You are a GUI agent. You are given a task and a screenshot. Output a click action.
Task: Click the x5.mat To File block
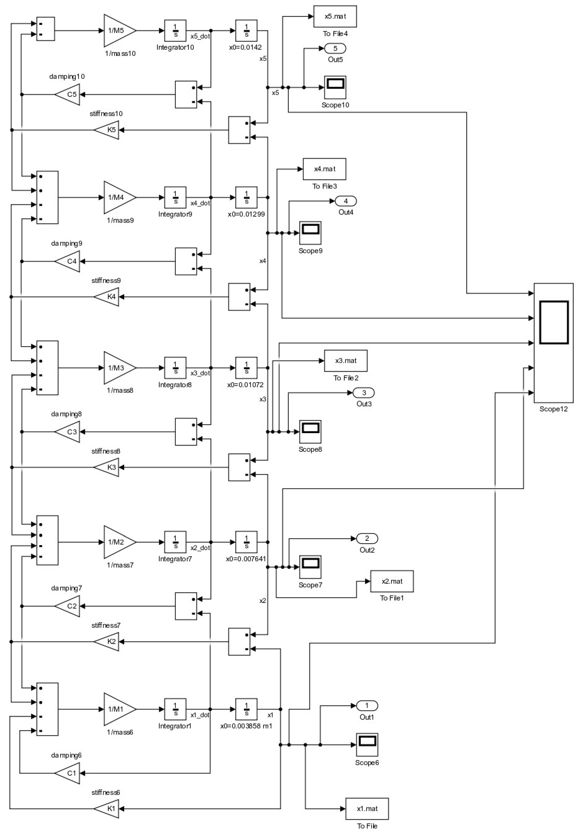pyautogui.click(x=335, y=16)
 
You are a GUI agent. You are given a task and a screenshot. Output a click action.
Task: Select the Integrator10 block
pyautogui.click(x=175, y=31)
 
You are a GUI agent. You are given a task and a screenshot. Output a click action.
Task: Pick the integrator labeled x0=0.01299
pyautogui.click(x=246, y=197)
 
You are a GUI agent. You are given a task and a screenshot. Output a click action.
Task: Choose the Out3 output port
pyautogui.click(x=363, y=393)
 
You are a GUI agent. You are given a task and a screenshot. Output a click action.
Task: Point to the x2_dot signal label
pyautogui.click(x=200, y=548)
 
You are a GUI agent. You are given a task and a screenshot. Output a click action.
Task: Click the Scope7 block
pyautogui.click(x=310, y=567)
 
